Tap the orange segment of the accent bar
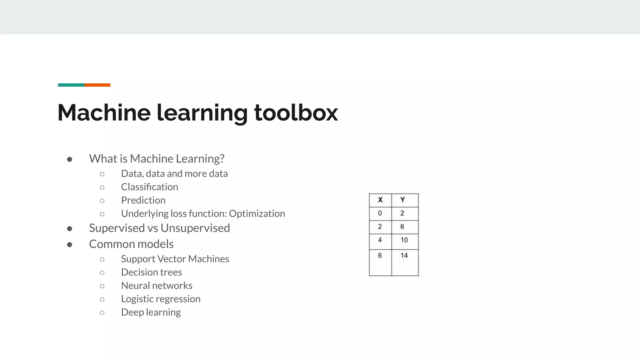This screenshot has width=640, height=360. coord(97,85)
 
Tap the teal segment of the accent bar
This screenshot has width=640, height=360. coord(71,85)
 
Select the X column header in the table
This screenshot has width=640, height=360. coord(380,200)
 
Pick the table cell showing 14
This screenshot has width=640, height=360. coord(404,256)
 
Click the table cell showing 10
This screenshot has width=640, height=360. coord(404,240)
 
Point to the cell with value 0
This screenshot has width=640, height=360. coord(380,213)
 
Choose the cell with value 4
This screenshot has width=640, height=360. coord(380,240)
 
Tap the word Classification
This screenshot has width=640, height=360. coord(149,187)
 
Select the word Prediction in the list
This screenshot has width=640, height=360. coord(143,200)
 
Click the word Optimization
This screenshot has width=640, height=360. coord(257,213)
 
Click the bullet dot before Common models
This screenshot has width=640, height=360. coord(70,245)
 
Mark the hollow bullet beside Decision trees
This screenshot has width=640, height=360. coord(102,273)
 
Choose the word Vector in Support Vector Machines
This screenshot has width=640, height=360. coord(171,259)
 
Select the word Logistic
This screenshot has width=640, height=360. coord(138,299)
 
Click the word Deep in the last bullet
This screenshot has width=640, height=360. coord(132,312)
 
